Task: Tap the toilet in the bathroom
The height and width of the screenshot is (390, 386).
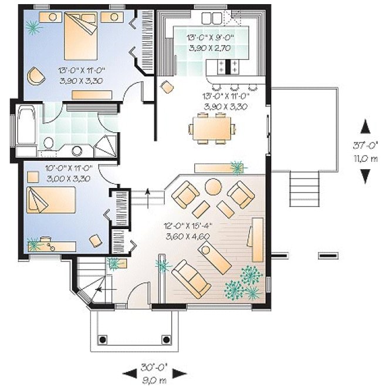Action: [49, 142]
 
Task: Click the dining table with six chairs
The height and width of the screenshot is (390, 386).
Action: [212, 127]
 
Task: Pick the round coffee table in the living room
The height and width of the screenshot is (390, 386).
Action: [212, 187]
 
